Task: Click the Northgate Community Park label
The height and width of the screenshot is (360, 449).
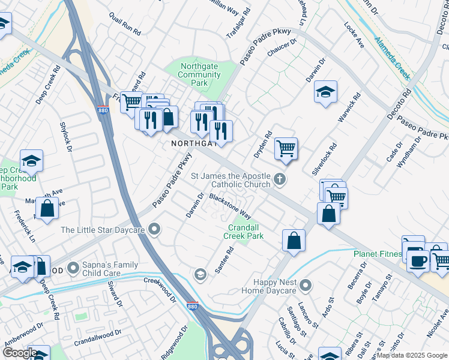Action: point(201,75)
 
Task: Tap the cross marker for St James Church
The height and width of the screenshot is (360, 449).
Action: point(279,179)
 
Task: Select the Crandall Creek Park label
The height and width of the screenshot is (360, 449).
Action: point(244,232)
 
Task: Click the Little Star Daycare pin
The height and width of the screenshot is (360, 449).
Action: point(155,229)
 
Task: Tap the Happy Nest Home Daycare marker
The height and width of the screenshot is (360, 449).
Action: point(306,286)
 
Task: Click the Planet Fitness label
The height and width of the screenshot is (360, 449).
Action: point(377,254)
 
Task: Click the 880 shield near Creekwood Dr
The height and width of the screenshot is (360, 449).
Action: point(192,305)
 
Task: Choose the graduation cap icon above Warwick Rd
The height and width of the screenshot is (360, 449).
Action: point(325,92)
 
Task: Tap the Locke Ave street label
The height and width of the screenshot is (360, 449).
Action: point(354,35)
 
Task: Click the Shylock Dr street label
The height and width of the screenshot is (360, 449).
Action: point(65,137)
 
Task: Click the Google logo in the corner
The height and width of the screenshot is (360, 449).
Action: point(19,353)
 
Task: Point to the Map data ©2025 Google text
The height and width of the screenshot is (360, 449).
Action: point(412,355)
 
